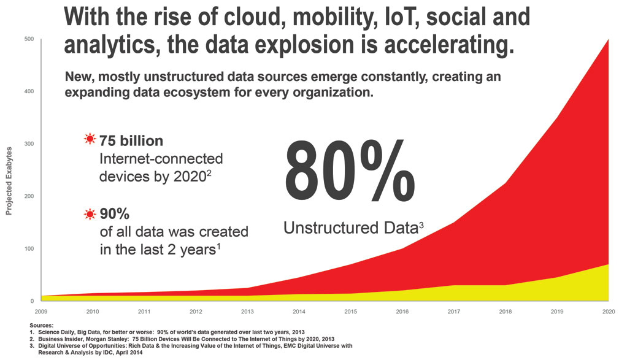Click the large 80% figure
click(349, 170)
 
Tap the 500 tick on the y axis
click(30, 39)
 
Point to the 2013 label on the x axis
click(247, 312)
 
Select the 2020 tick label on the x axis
click(609, 312)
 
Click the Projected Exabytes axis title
click(9, 181)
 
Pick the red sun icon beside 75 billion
click(90, 139)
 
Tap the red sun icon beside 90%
click(90, 214)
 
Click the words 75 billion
click(131, 141)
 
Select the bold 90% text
click(115, 214)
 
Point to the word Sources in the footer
click(41, 326)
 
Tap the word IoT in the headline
click(401, 17)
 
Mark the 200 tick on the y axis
click(30, 196)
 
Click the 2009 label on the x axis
click(41, 312)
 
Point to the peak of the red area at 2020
click(609, 39)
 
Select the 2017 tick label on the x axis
click(454, 312)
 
